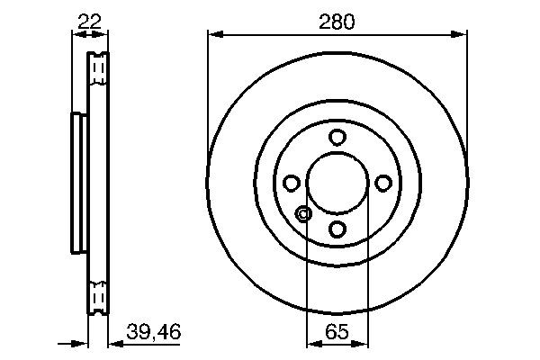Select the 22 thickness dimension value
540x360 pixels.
point(88,19)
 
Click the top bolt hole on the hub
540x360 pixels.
point(337,137)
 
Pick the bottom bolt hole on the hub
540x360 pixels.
point(337,229)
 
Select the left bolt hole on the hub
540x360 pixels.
point(291,184)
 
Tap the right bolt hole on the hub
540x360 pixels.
point(383,184)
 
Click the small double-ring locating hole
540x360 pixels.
point(303,214)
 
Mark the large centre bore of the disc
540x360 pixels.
point(337,184)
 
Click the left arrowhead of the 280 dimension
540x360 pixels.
point(214,35)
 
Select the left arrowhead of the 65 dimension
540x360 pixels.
point(312,343)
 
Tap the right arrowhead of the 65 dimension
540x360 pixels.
point(361,343)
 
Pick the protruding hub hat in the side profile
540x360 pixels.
point(78,184)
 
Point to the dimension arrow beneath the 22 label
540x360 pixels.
point(89,35)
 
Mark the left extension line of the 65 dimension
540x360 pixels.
point(308,288)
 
